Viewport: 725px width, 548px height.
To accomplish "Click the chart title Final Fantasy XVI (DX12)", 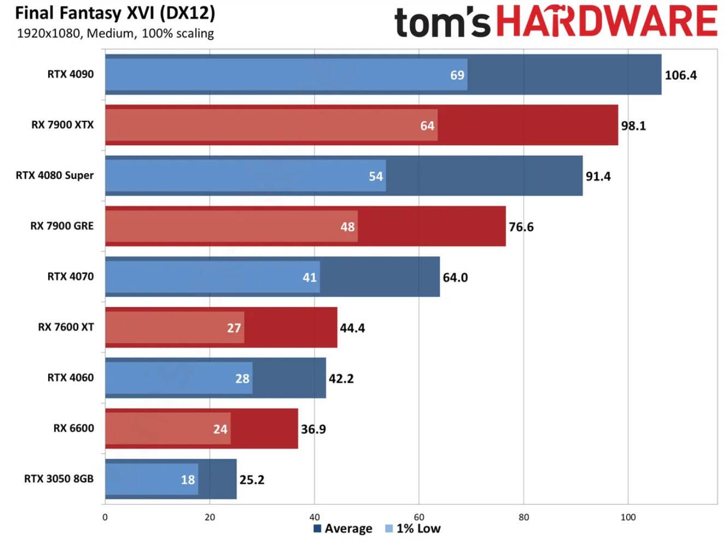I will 115,13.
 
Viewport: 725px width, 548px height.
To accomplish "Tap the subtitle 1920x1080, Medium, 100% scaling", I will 115,33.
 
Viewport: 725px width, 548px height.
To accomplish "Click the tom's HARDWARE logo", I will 555,22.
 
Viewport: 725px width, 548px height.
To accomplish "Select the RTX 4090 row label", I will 71,74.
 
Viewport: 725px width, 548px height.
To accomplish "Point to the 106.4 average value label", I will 680,75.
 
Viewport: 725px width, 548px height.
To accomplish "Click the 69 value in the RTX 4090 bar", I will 457,75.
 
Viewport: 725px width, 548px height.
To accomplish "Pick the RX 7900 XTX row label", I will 62,125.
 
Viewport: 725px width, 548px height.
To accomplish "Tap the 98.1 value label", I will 633,126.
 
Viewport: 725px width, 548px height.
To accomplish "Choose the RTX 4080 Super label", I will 55,175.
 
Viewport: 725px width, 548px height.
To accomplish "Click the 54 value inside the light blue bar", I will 376,176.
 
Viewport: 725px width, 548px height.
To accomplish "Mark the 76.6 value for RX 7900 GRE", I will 521,227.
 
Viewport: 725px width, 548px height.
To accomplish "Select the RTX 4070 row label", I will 71,276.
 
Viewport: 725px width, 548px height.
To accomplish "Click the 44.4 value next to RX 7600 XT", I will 352,328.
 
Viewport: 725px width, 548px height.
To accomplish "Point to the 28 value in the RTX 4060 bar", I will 242,379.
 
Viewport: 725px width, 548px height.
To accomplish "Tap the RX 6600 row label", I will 73,428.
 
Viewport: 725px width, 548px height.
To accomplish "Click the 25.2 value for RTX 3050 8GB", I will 252,480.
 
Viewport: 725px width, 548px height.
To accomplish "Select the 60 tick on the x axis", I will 419,517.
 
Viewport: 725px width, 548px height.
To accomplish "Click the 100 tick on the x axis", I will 628,517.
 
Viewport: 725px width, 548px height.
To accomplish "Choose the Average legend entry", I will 343,529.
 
